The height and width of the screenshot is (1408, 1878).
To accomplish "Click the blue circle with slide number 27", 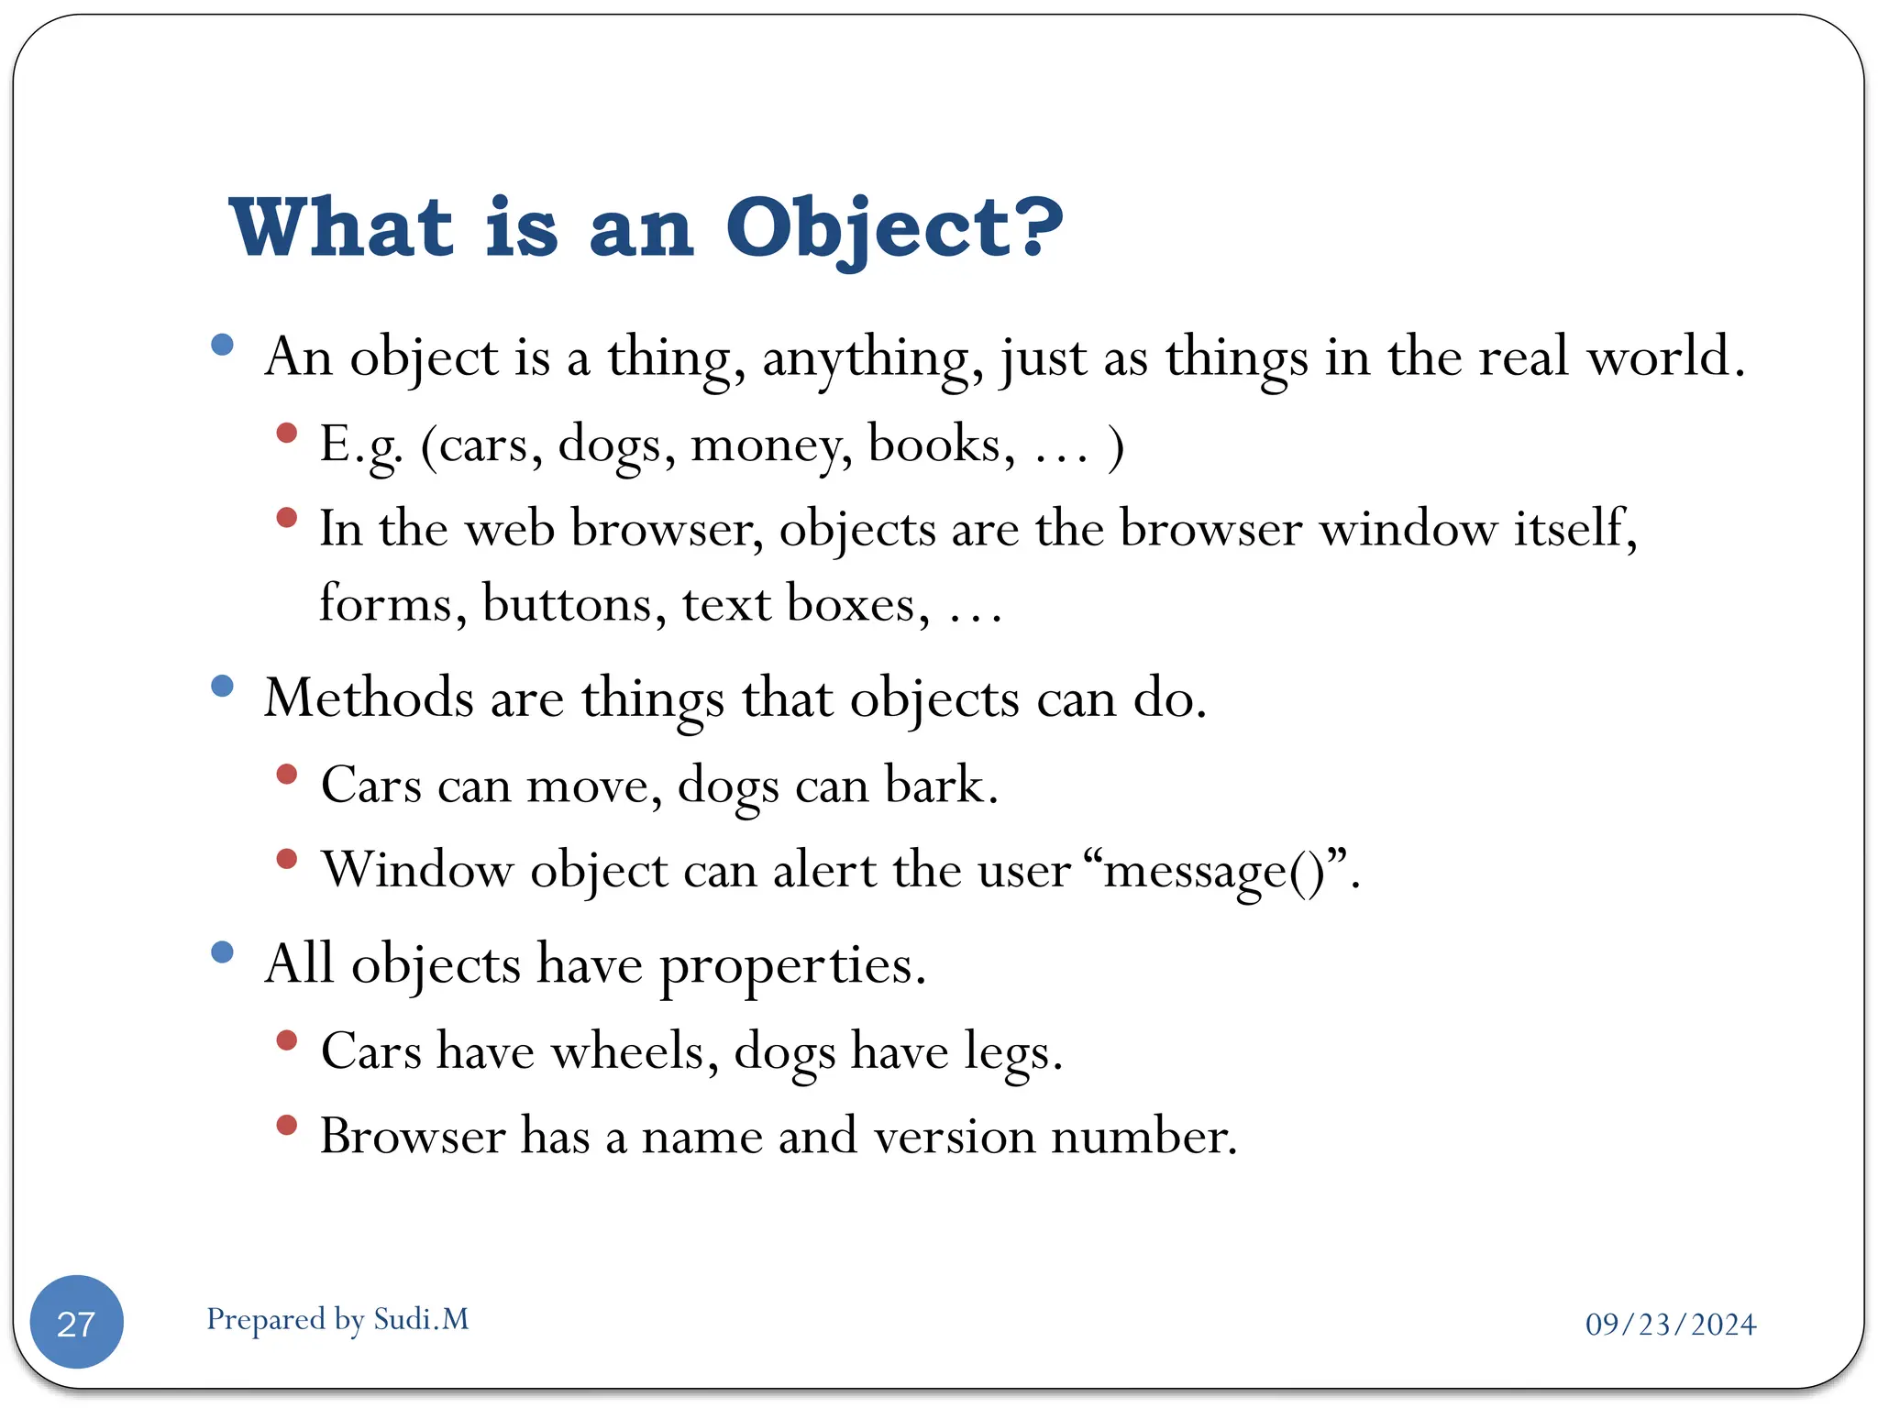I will point(77,1322).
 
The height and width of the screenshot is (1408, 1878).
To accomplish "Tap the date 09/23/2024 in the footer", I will point(1670,1325).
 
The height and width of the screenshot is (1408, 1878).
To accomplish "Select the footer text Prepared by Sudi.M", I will point(337,1319).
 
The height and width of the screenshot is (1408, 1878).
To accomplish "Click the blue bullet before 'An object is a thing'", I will point(222,345).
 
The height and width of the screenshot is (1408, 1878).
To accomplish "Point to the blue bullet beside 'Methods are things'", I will point(222,686).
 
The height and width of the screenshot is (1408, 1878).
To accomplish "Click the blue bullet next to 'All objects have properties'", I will point(222,951).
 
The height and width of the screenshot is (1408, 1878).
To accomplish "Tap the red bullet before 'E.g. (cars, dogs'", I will point(287,433).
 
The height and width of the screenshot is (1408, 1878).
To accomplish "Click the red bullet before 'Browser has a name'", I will point(287,1125).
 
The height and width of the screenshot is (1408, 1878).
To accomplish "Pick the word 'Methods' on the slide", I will point(369,698).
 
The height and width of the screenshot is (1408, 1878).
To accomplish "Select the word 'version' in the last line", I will point(954,1137).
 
